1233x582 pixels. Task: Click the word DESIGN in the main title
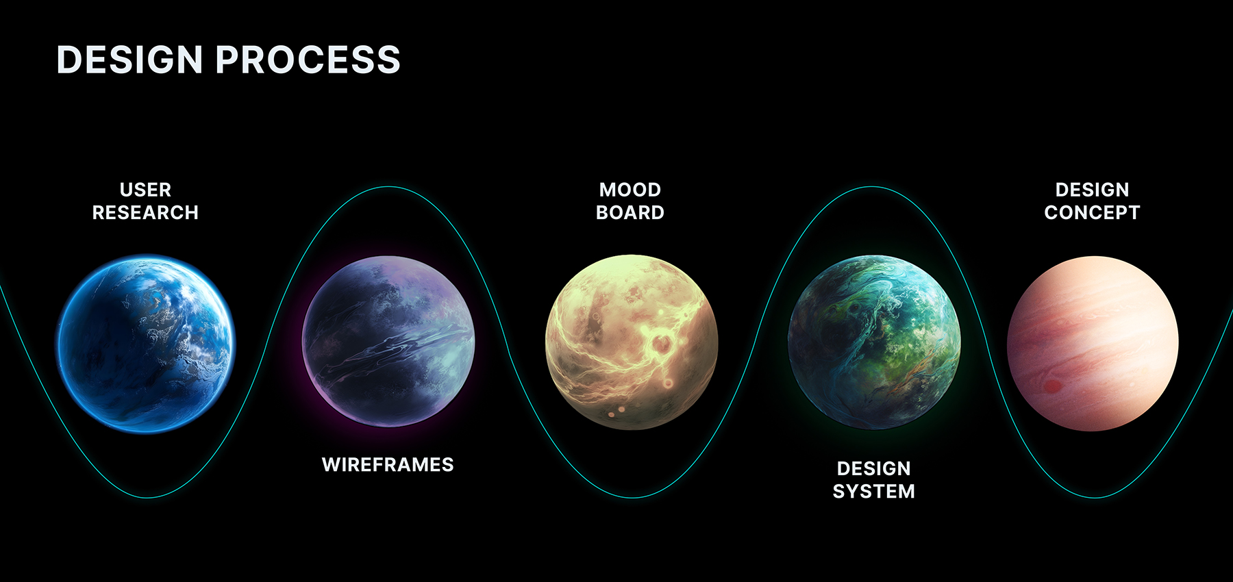(x=129, y=60)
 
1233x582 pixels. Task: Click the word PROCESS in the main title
(x=308, y=60)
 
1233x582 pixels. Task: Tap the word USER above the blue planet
(x=145, y=190)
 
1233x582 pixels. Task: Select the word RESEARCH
(x=145, y=213)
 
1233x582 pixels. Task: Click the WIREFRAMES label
(x=388, y=465)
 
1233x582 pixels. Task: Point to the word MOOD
(x=630, y=190)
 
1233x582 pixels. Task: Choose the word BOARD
(x=630, y=213)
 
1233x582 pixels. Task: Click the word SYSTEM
(x=874, y=492)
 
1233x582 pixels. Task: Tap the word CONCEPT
(x=1093, y=213)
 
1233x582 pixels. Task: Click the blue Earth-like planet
(x=146, y=344)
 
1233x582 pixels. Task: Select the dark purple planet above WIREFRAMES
(x=388, y=342)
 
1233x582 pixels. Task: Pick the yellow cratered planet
(x=632, y=342)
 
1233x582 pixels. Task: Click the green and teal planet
(x=875, y=342)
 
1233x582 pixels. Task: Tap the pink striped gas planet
(x=1093, y=344)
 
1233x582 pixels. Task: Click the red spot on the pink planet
(x=1053, y=387)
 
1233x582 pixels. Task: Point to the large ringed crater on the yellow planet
(x=662, y=343)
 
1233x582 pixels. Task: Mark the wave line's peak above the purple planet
(x=388, y=187)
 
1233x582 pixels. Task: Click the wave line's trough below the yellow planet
(x=632, y=497)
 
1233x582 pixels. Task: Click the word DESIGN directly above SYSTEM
(x=874, y=468)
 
